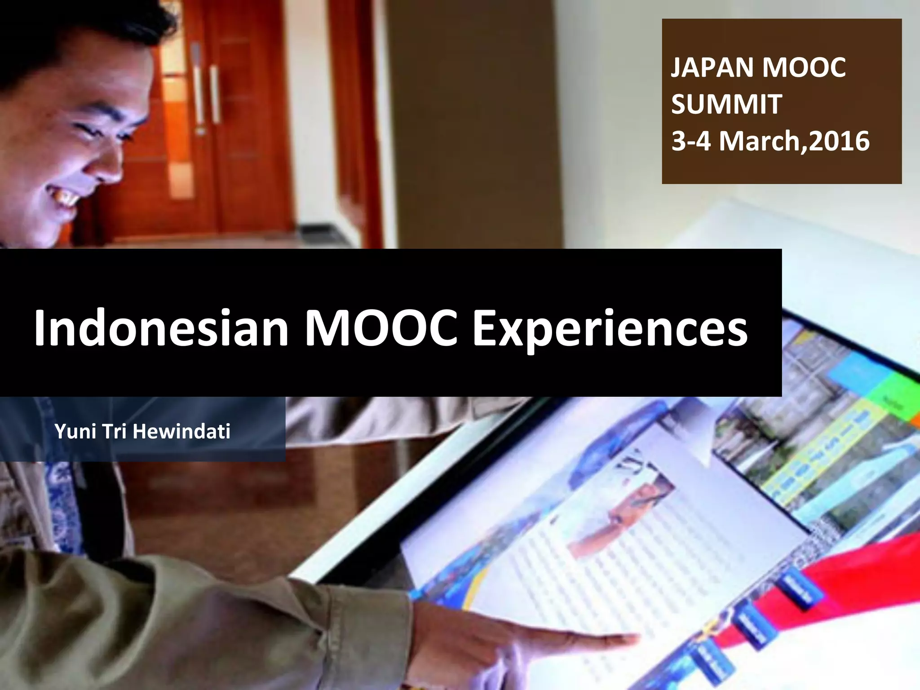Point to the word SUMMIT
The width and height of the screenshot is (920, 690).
(727, 104)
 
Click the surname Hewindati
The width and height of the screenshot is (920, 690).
(181, 432)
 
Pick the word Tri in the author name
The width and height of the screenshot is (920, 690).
(115, 432)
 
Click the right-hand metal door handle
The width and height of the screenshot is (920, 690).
(214, 94)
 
